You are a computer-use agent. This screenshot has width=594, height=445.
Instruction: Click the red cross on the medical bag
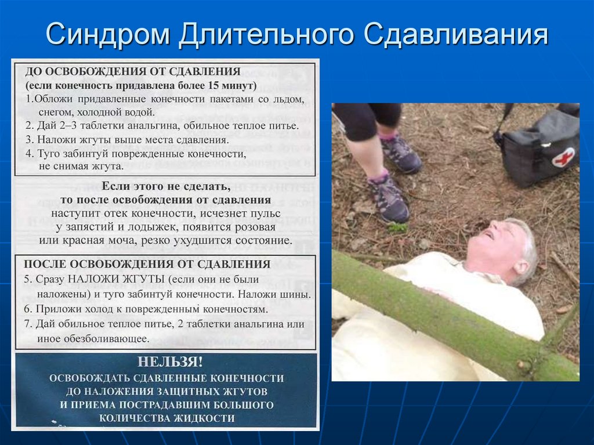point(562,157)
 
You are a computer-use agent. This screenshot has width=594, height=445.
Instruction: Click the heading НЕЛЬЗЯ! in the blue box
point(170,362)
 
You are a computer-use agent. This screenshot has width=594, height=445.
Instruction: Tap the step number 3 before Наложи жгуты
point(28,140)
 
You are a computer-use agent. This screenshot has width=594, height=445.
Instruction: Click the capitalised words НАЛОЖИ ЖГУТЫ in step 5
point(115,279)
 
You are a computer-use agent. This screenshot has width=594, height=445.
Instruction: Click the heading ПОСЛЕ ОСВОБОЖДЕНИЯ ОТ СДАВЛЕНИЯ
point(147,264)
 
